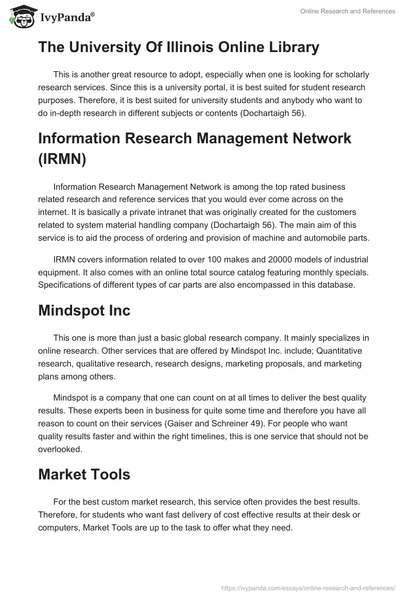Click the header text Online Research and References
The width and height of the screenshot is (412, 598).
tap(348, 11)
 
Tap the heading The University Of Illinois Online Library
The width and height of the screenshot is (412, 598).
tap(179, 47)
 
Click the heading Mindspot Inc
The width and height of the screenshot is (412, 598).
tap(84, 310)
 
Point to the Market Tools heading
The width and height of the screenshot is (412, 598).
tap(84, 474)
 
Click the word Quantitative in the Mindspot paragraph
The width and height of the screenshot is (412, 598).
tap(337, 351)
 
